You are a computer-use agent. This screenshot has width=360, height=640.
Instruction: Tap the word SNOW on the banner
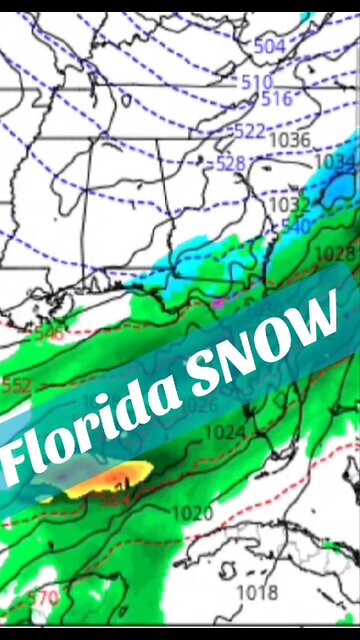(268, 337)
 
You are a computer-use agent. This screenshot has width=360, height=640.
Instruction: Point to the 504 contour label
(269, 46)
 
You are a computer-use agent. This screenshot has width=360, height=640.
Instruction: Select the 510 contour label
(256, 81)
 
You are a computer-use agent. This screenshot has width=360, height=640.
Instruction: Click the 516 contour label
(276, 98)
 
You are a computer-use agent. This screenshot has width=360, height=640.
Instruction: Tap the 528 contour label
(231, 162)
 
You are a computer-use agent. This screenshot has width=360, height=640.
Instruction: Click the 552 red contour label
(17, 384)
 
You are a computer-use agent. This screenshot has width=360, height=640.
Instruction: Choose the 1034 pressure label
(334, 160)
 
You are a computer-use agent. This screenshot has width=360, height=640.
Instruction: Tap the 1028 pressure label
(335, 254)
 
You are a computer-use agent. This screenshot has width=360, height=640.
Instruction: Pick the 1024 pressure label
(223, 432)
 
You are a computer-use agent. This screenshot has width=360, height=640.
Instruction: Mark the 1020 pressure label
(193, 512)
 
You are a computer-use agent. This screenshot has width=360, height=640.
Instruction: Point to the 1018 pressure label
(257, 592)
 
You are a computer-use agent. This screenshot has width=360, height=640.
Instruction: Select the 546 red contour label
(47, 332)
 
